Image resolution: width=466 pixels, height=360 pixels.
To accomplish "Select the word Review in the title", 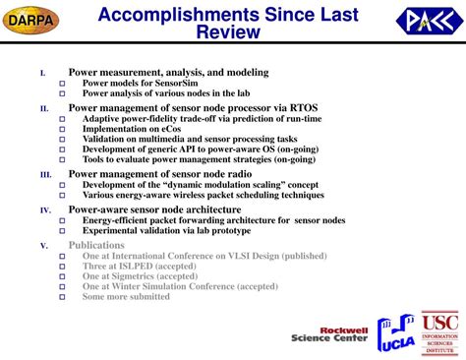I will [x=228, y=32].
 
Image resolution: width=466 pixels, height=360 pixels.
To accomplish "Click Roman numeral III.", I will [x=45, y=175].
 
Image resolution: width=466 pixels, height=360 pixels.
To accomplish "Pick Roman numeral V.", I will [x=42, y=246].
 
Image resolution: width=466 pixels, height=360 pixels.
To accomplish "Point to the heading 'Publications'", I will [x=96, y=245].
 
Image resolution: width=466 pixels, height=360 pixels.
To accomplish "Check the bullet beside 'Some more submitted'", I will [x=62, y=297].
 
